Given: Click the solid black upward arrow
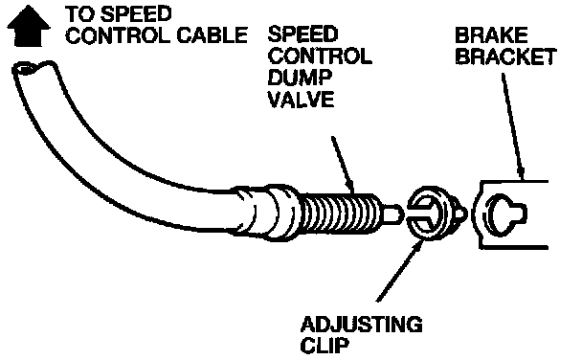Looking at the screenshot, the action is (28, 26).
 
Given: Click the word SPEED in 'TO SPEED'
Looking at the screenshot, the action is (136, 14).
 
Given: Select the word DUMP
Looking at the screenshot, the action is (300, 78).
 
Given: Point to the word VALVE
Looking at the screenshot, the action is (301, 99).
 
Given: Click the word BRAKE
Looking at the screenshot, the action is (491, 35).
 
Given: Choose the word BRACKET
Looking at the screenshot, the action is (506, 56).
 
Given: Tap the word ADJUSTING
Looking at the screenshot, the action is (361, 325).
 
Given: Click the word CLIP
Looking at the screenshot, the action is (325, 346).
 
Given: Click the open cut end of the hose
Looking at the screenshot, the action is (34, 69).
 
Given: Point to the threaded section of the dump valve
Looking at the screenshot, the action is (339, 214).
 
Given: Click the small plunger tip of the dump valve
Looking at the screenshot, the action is (392, 214).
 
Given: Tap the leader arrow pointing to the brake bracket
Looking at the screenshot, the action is (513, 126).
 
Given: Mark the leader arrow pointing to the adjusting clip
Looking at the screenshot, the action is (400, 270).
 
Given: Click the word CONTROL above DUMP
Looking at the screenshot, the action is (320, 56).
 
